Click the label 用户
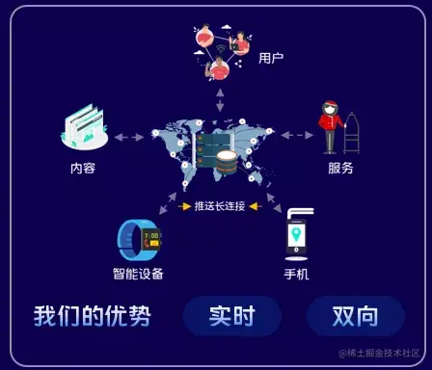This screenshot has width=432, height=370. (x=271, y=58)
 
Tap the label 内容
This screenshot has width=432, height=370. (x=83, y=168)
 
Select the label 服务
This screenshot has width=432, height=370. (x=340, y=168)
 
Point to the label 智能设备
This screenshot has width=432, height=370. (x=138, y=274)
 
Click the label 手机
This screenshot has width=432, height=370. (x=296, y=274)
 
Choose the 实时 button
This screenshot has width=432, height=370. (x=231, y=316)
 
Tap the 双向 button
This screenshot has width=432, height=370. (x=355, y=316)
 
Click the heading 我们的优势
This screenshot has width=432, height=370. (x=84, y=316)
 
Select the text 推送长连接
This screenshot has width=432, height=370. (x=220, y=205)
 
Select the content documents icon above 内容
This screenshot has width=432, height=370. (x=84, y=126)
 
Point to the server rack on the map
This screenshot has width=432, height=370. (x=214, y=152)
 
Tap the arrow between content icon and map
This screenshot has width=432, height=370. (x=128, y=137)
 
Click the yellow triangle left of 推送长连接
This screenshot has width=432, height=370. (x=186, y=205)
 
